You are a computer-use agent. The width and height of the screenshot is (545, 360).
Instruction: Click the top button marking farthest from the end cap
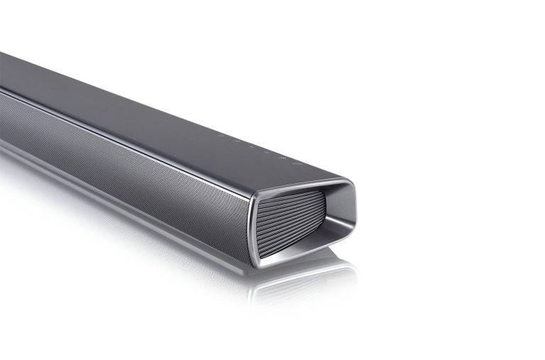[221, 135]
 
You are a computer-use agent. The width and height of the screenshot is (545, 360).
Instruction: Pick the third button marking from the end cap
[265, 151]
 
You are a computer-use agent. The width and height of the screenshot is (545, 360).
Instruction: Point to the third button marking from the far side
[250, 146]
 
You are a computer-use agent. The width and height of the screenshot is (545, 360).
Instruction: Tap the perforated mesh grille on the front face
[128, 156]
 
